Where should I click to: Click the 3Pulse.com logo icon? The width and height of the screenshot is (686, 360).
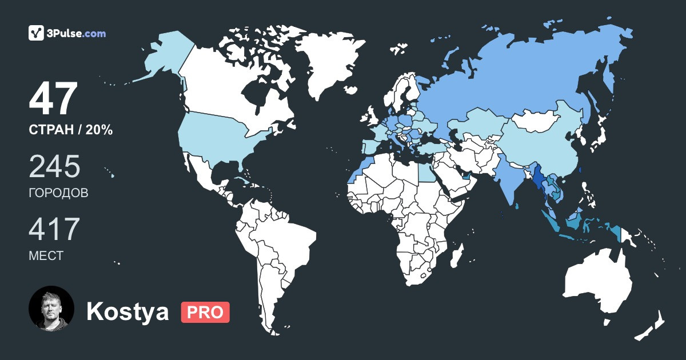(x=37, y=33)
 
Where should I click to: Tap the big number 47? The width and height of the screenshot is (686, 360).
(x=53, y=99)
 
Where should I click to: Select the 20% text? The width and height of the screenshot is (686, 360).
(x=99, y=130)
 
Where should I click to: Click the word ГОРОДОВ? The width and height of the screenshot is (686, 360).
(x=58, y=193)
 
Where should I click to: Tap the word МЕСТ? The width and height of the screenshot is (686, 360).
(x=46, y=256)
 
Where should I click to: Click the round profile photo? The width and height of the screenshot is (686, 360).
(x=51, y=309)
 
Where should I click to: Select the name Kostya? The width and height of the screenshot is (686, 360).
(x=127, y=312)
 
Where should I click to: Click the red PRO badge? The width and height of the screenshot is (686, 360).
(x=205, y=312)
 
